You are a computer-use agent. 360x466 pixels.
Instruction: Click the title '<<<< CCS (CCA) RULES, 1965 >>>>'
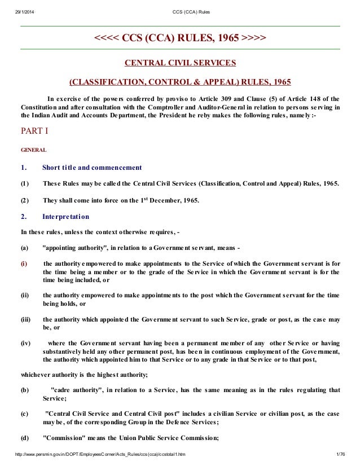click(180, 38)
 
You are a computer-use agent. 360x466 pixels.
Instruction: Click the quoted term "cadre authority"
click(74, 390)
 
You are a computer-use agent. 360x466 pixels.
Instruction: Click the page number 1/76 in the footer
click(340, 454)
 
